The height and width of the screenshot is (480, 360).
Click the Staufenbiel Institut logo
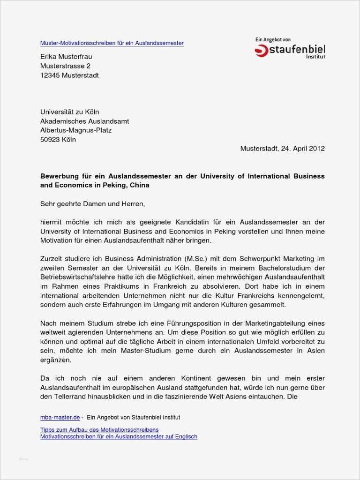[290, 49]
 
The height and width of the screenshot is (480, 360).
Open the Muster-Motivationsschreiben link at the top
[112, 43]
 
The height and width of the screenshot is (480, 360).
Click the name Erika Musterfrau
[66, 57]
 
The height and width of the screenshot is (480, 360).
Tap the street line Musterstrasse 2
[65, 66]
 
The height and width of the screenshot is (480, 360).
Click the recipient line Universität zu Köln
[69, 112]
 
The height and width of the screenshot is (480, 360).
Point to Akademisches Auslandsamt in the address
[84, 121]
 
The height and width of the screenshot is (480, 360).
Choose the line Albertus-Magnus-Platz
[76, 130]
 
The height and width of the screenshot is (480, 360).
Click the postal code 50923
[50, 140]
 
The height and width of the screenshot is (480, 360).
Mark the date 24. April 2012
[303, 149]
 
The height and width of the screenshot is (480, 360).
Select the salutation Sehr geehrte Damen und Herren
[93, 204]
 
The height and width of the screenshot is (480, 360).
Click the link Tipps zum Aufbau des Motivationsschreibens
[99, 430]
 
